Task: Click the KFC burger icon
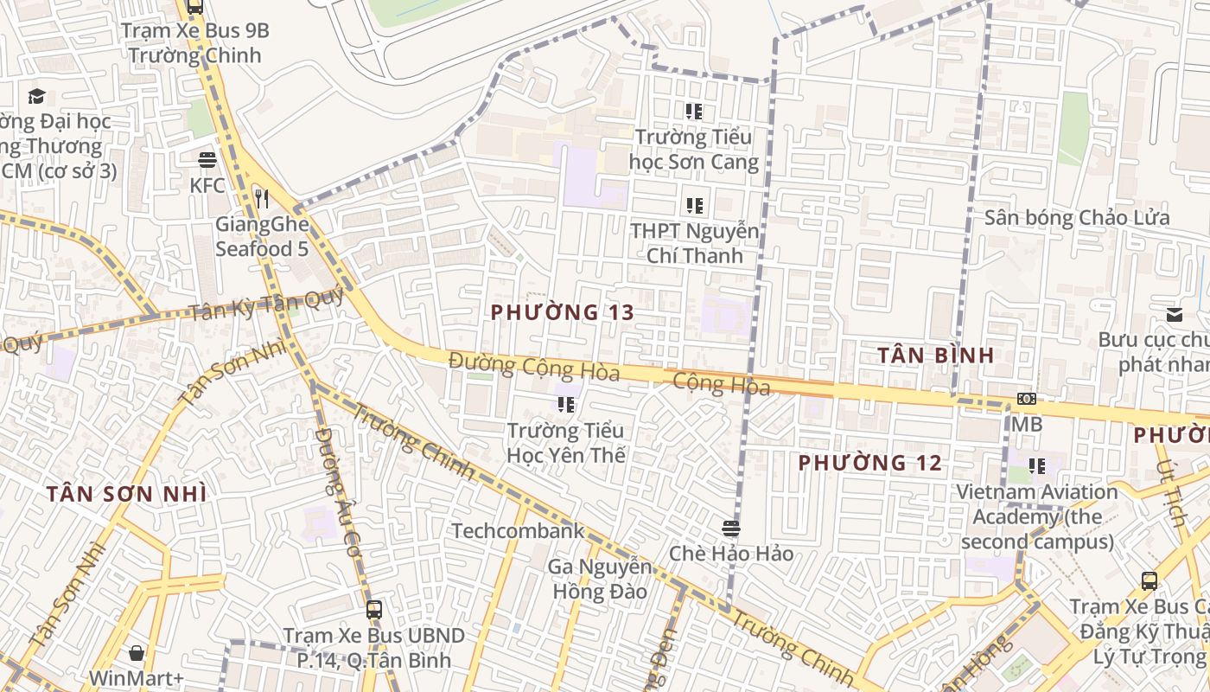pos(207,160)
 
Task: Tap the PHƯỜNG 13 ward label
pos(563,312)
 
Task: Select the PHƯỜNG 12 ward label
pos(869,463)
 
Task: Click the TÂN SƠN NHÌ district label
pos(126,494)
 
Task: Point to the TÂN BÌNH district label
pos(936,355)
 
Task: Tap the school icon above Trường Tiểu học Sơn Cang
pos(694,112)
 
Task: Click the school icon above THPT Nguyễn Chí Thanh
pos(694,206)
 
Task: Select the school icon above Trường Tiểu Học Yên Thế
pos(566,405)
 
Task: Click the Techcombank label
pos(519,530)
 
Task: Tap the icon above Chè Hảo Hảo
pos(731,528)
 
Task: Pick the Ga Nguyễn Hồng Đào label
pos(600,580)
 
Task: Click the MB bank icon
pos(1027,399)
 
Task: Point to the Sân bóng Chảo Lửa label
pos(1078,217)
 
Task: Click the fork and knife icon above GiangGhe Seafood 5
pos(261,199)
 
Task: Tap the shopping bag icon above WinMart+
pos(137,652)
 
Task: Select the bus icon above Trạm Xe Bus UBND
pos(374,610)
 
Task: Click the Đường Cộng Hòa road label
pos(534,367)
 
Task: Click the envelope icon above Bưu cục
pos(1175,315)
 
